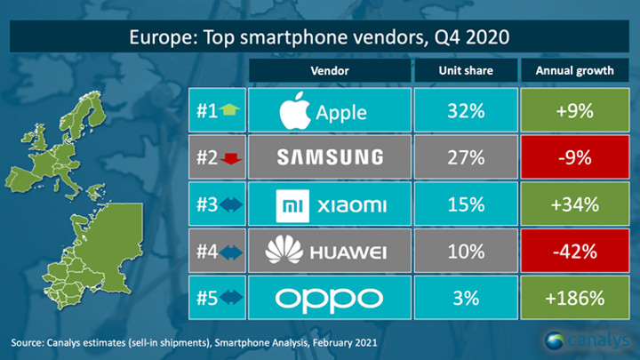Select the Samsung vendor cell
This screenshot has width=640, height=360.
(330, 158)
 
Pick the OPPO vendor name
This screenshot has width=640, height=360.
(330, 298)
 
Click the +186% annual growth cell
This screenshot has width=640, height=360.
(578, 298)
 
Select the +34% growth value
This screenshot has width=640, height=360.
(578, 205)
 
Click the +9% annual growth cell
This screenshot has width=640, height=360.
(578, 113)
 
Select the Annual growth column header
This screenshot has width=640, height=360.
(578, 69)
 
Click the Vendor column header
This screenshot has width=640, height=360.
(330, 69)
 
